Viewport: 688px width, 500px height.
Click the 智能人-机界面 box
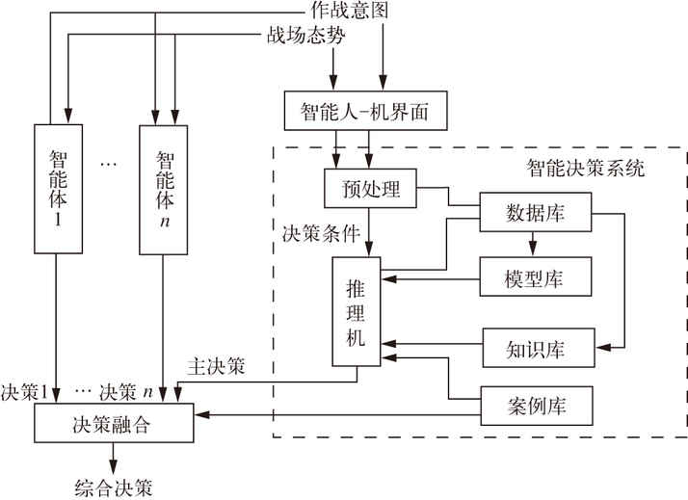pos(365,111)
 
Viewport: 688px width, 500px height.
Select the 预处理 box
pos(370,188)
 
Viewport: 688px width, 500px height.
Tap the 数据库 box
pos(536,212)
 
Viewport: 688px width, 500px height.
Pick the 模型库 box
pos(536,276)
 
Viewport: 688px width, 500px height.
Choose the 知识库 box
pos(539,348)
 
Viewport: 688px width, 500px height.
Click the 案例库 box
pos(537,406)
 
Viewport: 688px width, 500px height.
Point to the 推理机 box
pos(357,311)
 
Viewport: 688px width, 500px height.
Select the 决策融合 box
pos(114,423)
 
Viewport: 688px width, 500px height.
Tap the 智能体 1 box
pos(59,189)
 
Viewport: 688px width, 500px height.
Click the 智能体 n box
pos(163,190)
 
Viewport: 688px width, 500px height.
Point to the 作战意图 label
pos(350,10)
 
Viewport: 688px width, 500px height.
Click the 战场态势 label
pos(305,36)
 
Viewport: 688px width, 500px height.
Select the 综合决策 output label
pos(114,488)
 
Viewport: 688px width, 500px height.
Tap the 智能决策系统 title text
pos(586,168)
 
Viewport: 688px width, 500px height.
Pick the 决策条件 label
pos(321,233)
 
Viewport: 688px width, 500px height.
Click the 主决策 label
pos(216,366)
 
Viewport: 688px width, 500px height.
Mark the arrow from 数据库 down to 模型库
pos(533,244)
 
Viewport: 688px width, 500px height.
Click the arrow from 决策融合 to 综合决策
pos(113,459)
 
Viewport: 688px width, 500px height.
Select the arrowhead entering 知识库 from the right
pos(603,348)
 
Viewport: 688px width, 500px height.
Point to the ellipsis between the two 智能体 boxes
pos(108,164)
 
